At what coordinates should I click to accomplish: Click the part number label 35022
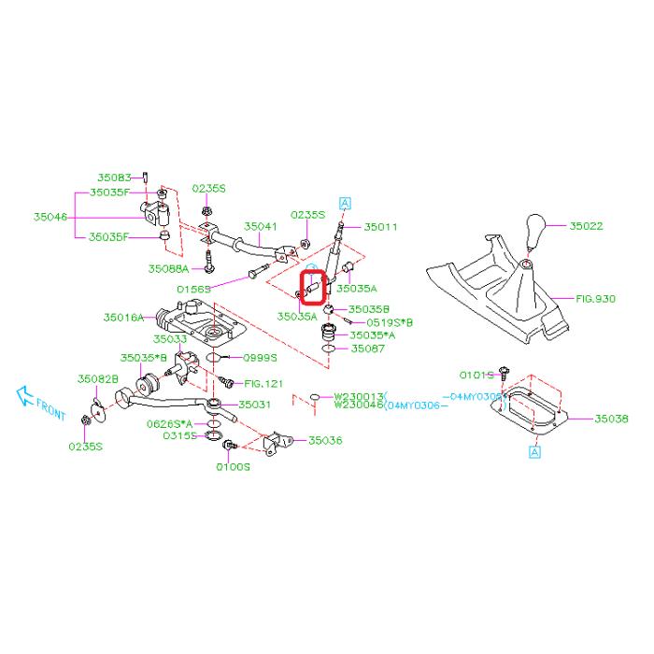[588, 225]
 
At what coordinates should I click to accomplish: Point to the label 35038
[613, 419]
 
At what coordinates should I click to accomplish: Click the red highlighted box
[311, 283]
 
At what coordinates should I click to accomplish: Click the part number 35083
[116, 176]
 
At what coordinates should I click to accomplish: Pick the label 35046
[51, 216]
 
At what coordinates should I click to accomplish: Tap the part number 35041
[263, 226]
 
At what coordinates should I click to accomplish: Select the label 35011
[381, 226]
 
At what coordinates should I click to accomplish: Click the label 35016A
[125, 318]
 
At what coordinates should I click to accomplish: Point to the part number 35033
[170, 338]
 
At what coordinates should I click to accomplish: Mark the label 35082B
[98, 378]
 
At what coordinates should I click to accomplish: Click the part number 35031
[255, 405]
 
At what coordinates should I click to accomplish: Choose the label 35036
[326, 439]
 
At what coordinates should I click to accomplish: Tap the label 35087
[368, 348]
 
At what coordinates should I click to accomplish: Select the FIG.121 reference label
[263, 383]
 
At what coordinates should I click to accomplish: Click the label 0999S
[262, 357]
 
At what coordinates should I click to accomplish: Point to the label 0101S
[476, 375]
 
